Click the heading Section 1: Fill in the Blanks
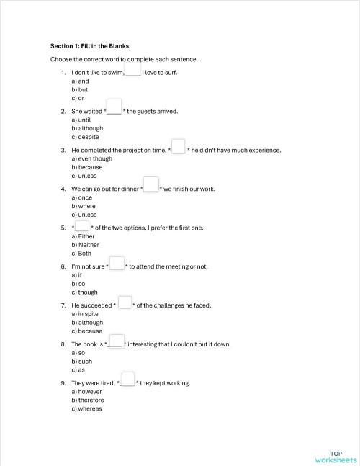tap(89, 45)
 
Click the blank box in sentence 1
tap(132, 69)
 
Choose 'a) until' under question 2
tap(81, 120)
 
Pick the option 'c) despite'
tap(85, 137)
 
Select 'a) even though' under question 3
tap(91, 158)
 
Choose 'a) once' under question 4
tap(81, 197)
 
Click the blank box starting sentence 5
tap(82, 225)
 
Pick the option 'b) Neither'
tap(85, 245)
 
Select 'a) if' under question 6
tap(76, 275)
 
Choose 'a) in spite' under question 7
tap(86, 314)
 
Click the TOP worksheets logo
tap(335, 456)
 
